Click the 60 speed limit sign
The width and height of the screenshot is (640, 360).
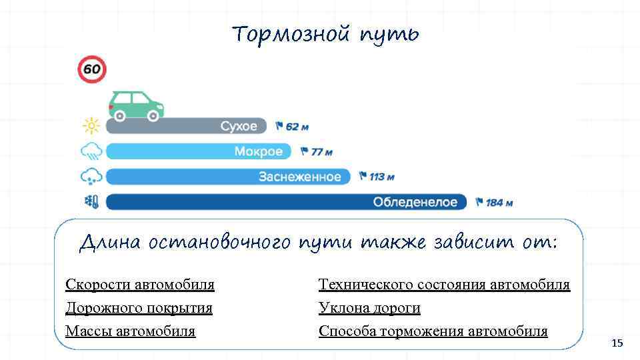(92, 69)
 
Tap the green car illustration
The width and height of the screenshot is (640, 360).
(136, 105)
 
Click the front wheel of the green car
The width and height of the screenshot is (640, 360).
(153, 116)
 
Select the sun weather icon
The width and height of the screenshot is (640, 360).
(91, 126)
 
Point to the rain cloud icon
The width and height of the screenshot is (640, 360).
(91, 152)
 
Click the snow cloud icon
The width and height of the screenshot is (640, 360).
(91, 177)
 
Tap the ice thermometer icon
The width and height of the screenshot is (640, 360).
(91, 201)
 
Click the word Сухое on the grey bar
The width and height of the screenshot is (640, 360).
(238, 126)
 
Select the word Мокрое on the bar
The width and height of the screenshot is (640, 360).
(258, 151)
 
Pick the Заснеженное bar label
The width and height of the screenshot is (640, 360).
(299, 177)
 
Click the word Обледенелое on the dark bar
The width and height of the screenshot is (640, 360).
(415, 201)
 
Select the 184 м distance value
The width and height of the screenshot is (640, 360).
(499, 202)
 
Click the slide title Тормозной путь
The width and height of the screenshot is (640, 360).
(326, 33)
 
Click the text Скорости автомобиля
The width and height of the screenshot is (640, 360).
(140, 285)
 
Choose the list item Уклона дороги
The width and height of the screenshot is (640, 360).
(369, 308)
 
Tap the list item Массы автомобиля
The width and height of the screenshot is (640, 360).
(130, 331)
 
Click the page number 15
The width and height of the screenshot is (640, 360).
(617, 343)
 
